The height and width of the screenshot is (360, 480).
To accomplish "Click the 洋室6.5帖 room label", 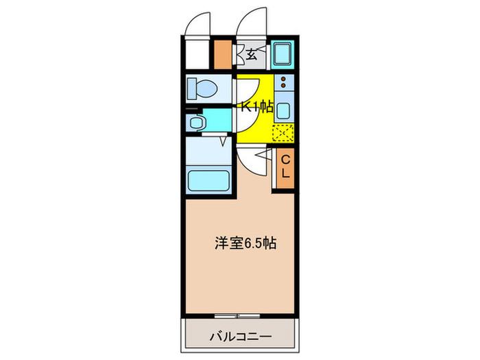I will [243, 243].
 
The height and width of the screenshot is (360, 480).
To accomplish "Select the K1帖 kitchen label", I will [256, 106].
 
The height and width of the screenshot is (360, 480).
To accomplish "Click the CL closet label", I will [286, 166].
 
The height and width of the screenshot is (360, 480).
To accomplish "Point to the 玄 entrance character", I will [252, 55].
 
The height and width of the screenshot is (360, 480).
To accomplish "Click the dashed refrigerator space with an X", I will [284, 134].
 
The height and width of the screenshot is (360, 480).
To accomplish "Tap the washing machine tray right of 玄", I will [283, 53].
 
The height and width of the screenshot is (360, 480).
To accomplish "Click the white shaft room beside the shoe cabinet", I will [197, 55].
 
